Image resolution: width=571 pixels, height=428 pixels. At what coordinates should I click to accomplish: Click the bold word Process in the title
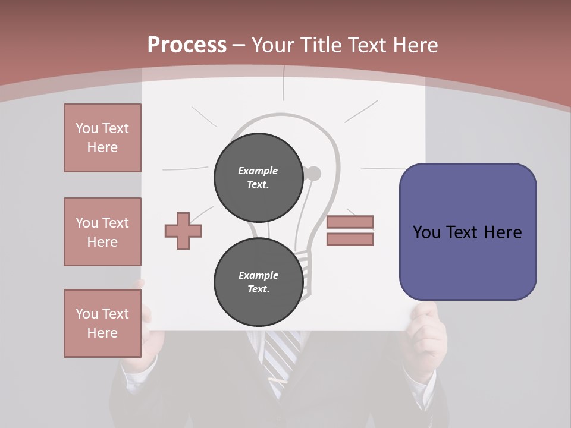coord(187,45)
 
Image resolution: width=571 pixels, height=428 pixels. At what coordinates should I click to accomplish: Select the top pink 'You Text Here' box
coord(102,138)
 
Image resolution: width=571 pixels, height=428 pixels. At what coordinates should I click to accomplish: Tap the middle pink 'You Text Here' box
coord(102,232)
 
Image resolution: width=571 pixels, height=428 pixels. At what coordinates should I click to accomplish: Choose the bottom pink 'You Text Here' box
coord(102,323)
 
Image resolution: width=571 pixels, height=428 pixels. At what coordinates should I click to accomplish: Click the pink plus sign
coord(183,231)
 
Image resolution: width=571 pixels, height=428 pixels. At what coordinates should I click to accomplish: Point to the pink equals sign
coord(350,231)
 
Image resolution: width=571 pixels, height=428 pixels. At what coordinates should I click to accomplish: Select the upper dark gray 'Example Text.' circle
coord(258,177)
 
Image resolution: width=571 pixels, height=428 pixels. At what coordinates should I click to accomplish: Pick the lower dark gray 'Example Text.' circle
coord(258,282)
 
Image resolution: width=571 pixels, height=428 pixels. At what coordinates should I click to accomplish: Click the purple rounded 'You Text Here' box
coord(468,232)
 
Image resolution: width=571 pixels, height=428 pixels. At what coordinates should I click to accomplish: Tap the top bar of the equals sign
coord(350,222)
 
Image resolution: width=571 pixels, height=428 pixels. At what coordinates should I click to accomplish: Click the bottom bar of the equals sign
coord(350,239)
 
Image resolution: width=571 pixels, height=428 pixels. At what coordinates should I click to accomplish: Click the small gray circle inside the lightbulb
coord(313,174)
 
